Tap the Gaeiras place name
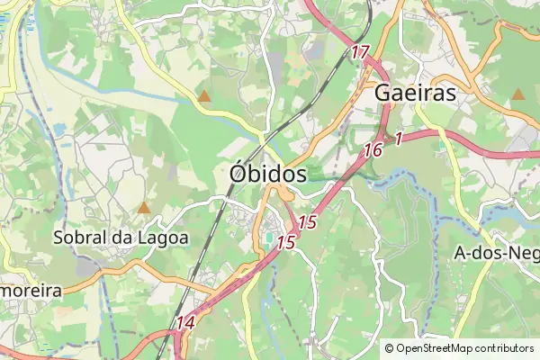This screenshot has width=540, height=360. pyautogui.click(x=415, y=94)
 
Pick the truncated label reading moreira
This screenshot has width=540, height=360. pyautogui.click(x=30, y=291)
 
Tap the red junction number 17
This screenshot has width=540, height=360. pyautogui.click(x=360, y=52)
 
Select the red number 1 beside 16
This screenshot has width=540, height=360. pyautogui.click(x=397, y=139)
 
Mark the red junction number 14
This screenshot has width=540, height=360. pyautogui.click(x=186, y=321)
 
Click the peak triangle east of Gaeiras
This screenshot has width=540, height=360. pyautogui.click(x=517, y=94)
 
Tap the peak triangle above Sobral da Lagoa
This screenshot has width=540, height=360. pyautogui.click(x=143, y=208)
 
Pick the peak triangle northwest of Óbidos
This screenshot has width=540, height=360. pyautogui.click(x=205, y=94)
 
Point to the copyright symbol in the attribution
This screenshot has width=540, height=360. pyautogui.click(x=390, y=347)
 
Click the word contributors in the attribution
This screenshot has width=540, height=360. pyautogui.click(x=504, y=347)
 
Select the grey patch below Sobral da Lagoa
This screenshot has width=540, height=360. pyautogui.click(x=88, y=267)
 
